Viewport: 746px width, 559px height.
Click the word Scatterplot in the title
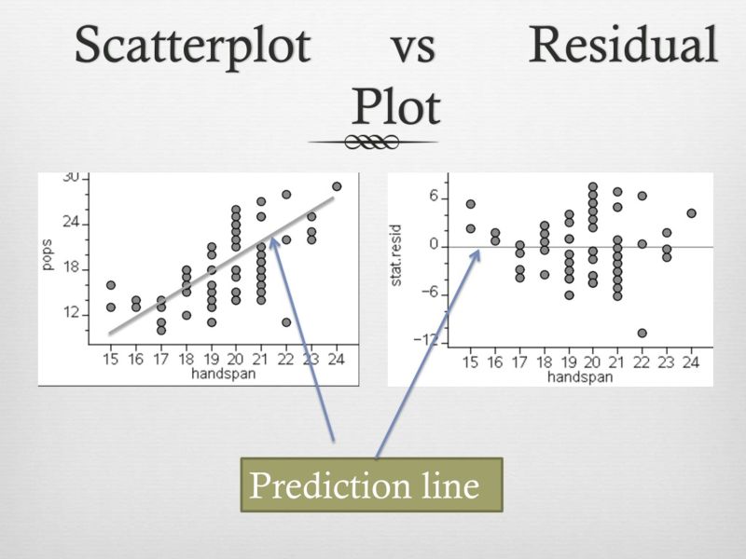pyautogui.click(x=192, y=47)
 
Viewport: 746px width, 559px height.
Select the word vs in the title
pyautogui.click(x=412, y=47)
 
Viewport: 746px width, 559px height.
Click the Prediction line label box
pyautogui.click(x=372, y=485)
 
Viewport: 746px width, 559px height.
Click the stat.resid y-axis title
pyautogui.click(x=396, y=259)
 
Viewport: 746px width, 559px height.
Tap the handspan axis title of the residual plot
pyautogui.click(x=581, y=376)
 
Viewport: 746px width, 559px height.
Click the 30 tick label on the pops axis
pyautogui.click(x=71, y=179)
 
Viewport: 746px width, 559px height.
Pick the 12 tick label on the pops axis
pyautogui.click(x=71, y=313)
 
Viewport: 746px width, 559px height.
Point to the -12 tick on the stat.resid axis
pyautogui.click(x=427, y=340)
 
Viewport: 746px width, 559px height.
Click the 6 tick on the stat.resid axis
pyautogui.click(x=433, y=198)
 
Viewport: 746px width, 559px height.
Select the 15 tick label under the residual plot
pyautogui.click(x=471, y=363)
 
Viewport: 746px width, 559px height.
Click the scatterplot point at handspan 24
pyautogui.click(x=337, y=186)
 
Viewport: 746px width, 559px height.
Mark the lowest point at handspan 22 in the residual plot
pyautogui.click(x=642, y=333)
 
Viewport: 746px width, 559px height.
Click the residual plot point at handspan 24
pyautogui.click(x=691, y=212)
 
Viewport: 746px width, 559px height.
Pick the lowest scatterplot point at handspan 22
pyautogui.click(x=286, y=322)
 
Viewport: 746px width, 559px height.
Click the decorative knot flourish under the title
pyautogui.click(x=373, y=142)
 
